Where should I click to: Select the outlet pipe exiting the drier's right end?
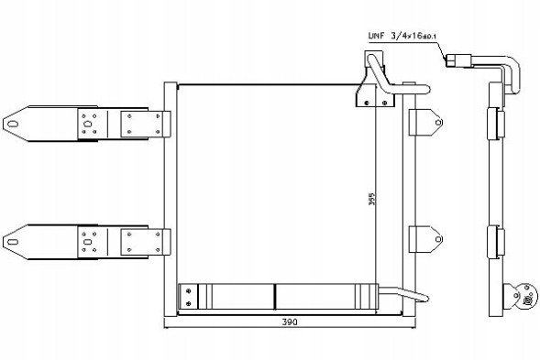pyautogui.click(x=394, y=294)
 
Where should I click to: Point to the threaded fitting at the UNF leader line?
pyautogui.click(x=457, y=62)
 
